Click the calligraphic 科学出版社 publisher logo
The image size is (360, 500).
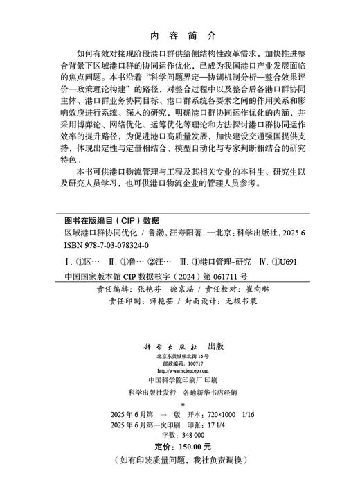pos(176,344)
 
